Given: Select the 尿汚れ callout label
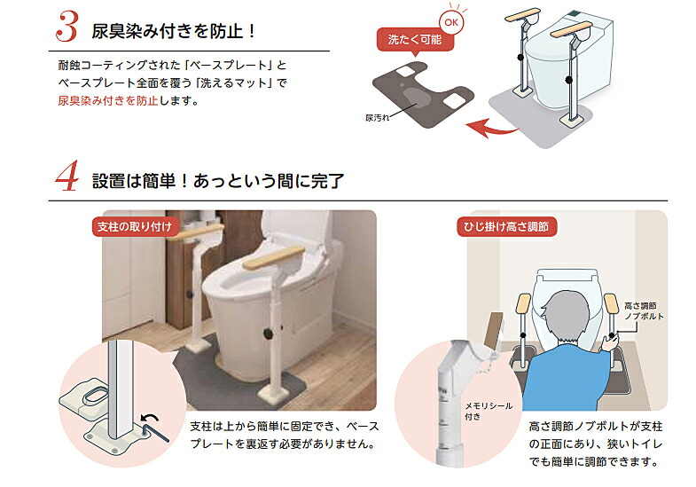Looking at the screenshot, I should [x=377, y=116].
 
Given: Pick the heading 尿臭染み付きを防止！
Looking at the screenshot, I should [x=174, y=31].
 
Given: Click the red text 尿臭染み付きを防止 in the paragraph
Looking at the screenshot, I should [x=108, y=100].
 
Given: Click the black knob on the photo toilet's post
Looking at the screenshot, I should [x=269, y=334].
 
